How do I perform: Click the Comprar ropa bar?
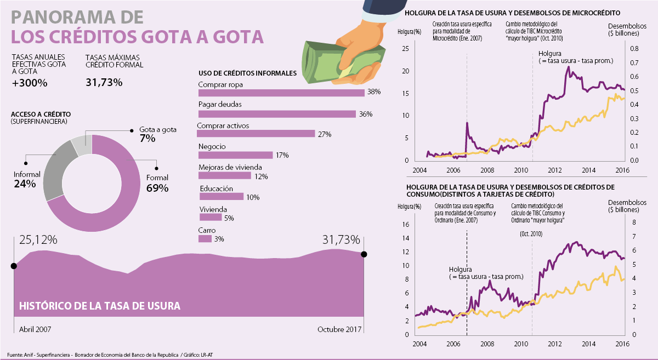pyautogui.click(x=281, y=93)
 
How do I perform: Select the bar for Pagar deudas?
pyautogui.click(x=277, y=114)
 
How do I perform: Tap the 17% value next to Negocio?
pyautogui.click(x=282, y=155)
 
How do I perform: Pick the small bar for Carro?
pyautogui.click(x=205, y=239)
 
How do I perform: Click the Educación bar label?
pyautogui.click(x=215, y=188)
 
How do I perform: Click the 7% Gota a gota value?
pyautogui.click(x=147, y=139)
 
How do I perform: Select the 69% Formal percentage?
pyautogui.click(x=157, y=188)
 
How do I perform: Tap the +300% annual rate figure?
pyautogui.click(x=30, y=83)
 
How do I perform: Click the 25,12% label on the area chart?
pyautogui.click(x=38, y=240)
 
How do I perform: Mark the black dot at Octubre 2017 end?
pyautogui.click(x=364, y=254)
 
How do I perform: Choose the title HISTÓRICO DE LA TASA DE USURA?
pyautogui.click(x=100, y=306)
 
